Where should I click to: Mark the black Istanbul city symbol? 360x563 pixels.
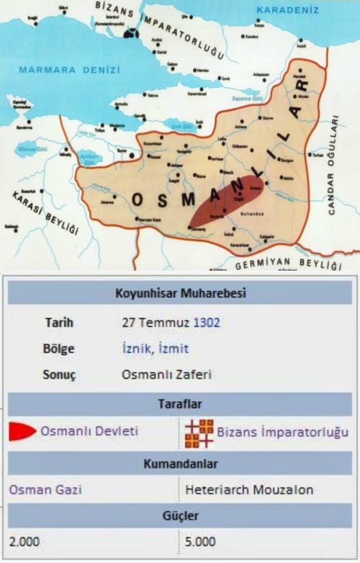tap(130, 33)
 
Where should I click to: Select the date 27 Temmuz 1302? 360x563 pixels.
tap(167, 323)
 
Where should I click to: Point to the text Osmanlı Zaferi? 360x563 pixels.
tap(167, 374)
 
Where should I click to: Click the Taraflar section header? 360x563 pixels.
tap(179, 403)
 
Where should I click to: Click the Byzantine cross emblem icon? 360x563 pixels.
tap(198, 432)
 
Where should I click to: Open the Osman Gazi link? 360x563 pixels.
tap(45, 490)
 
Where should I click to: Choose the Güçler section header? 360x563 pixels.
tap(179, 516)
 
